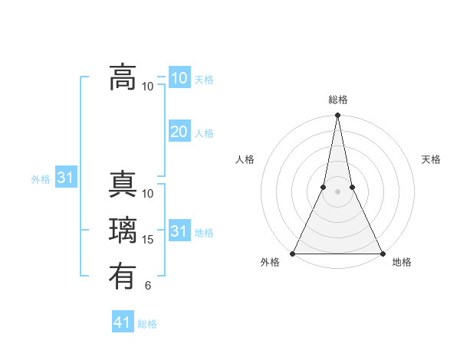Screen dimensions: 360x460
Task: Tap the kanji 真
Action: [123, 188]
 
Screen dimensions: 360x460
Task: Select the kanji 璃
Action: [123, 231]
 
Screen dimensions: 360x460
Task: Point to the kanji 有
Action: [123, 274]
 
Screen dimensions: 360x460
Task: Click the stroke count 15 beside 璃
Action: [148, 240]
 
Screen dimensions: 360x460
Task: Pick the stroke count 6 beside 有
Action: [148, 286]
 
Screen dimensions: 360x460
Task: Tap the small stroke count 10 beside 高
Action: [148, 86]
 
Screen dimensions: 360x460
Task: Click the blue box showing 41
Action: [123, 322]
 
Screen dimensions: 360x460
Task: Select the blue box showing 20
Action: [179, 132]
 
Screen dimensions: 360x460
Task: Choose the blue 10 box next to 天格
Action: [179, 78]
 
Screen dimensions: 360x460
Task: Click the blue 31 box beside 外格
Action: [66, 178]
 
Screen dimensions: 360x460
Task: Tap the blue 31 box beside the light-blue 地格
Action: [179, 231]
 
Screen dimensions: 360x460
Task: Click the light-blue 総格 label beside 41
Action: [147, 324]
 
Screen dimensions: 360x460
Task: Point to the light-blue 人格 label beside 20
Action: [204, 133]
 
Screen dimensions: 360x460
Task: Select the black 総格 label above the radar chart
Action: [337, 100]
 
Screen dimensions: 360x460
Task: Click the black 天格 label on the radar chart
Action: [431, 159]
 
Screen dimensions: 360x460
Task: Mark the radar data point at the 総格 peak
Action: [337, 116]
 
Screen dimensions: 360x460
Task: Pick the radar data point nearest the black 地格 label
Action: [382, 253]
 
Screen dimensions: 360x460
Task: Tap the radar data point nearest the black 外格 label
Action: [293, 253]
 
